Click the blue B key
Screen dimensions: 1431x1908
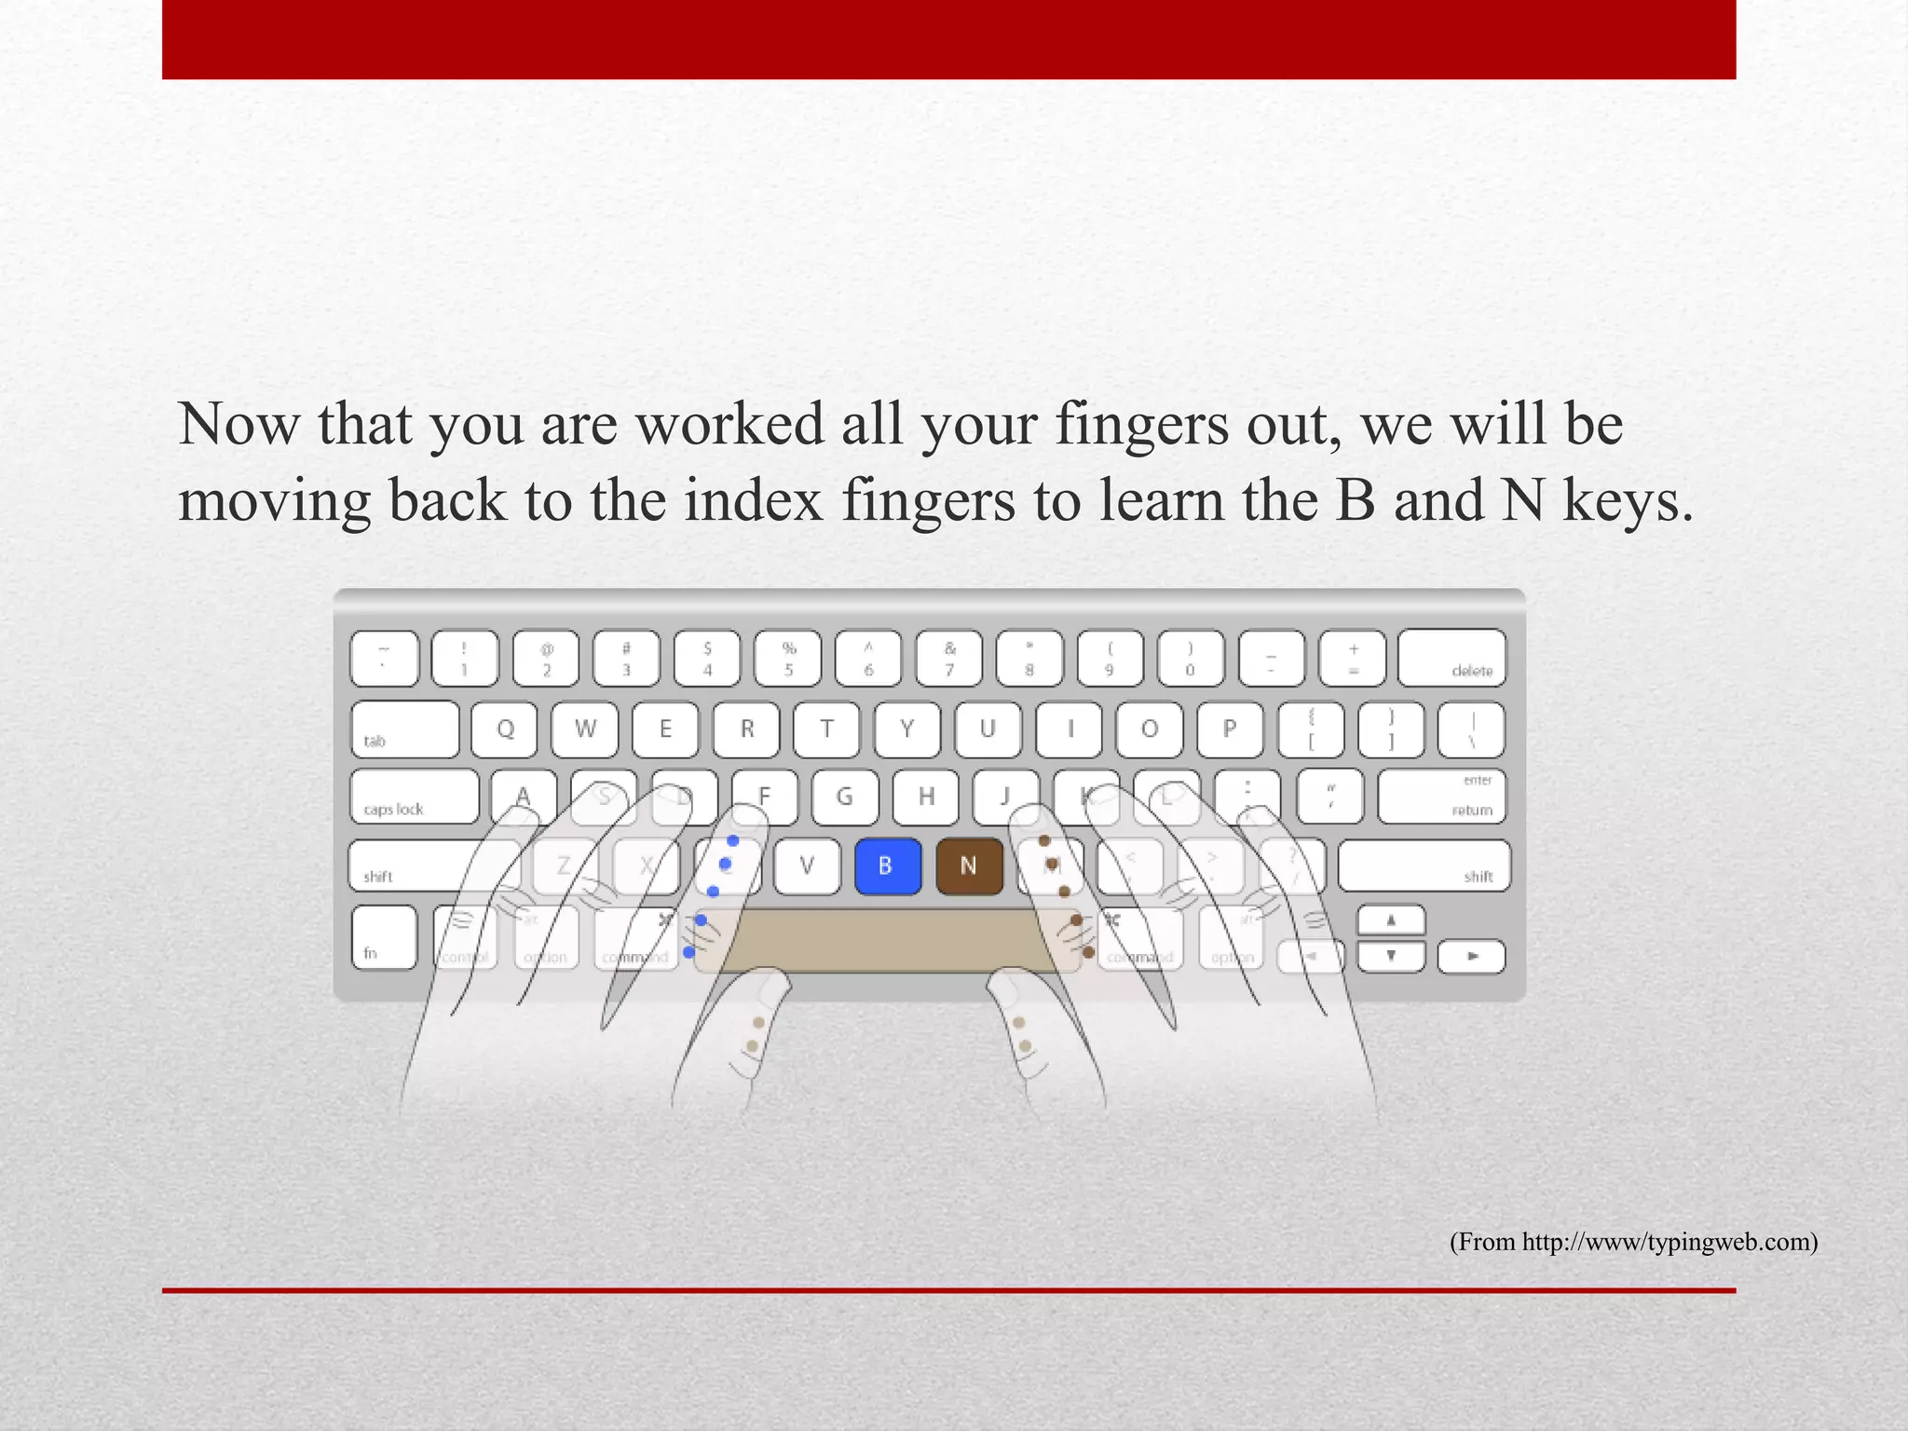pyautogui.click(x=887, y=866)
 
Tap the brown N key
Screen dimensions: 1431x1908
pyautogui.click(x=969, y=866)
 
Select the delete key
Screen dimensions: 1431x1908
pyautogui.click(x=1451, y=658)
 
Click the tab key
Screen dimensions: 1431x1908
pyautogui.click(x=405, y=729)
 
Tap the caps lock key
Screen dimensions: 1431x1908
pyautogui.click(x=415, y=797)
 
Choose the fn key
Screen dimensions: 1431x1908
pyautogui.click(x=384, y=937)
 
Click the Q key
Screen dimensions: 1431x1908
pyautogui.click(x=505, y=729)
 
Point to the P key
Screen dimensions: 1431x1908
pyautogui.click(x=1230, y=729)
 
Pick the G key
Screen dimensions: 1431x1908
pyautogui.click(x=845, y=797)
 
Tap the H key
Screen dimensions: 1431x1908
pyautogui.click(x=926, y=797)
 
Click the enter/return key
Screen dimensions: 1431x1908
pyautogui.click(x=1441, y=797)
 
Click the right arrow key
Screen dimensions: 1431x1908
pyautogui.click(x=1471, y=956)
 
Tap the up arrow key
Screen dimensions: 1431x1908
pyautogui.click(x=1391, y=920)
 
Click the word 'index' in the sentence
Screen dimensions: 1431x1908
pyautogui.click(x=754, y=500)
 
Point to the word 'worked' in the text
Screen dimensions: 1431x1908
pyautogui.click(x=730, y=424)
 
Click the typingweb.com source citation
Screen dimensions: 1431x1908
pyautogui.click(x=1633, y=1242)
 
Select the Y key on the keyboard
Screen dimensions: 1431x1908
pyautogui.click(x=907, y=729)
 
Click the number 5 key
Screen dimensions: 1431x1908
pyautogui.click(x=788, y=658)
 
